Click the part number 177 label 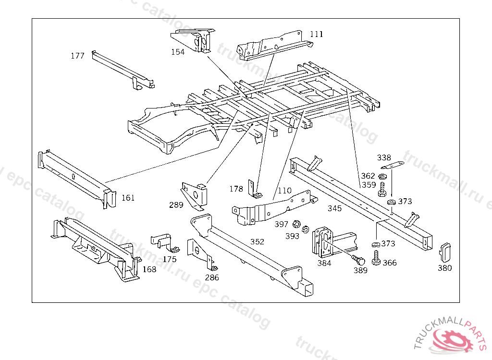coord(77,56)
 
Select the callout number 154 coord(178,52)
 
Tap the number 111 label coord(317,34)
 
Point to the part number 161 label coord(128,198)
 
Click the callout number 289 coord(176,205)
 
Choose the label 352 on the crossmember coord(258,241)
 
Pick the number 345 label coord(335,208)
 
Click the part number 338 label coord(384,157)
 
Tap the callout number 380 coord(445,268)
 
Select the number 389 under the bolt coord(360,270)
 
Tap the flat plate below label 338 coord(393,166)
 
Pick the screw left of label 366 coord(376,259)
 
